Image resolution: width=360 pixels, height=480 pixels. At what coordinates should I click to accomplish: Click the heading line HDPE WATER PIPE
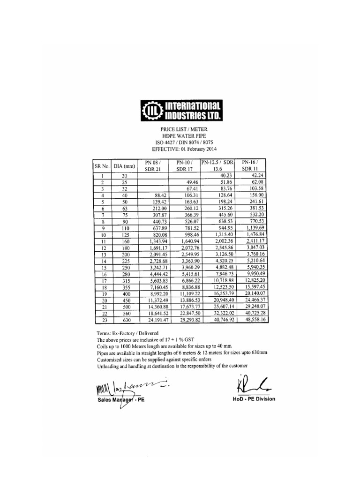coord(180,136)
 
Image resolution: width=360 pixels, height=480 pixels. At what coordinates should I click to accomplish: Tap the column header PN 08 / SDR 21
coord(152,165)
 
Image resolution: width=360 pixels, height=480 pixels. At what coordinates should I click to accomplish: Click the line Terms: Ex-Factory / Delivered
coord(131,332)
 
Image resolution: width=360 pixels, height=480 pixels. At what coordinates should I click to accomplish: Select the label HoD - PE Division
coord(254,399)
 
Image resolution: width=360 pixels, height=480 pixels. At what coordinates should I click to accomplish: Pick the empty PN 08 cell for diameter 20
coord(152,176)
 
